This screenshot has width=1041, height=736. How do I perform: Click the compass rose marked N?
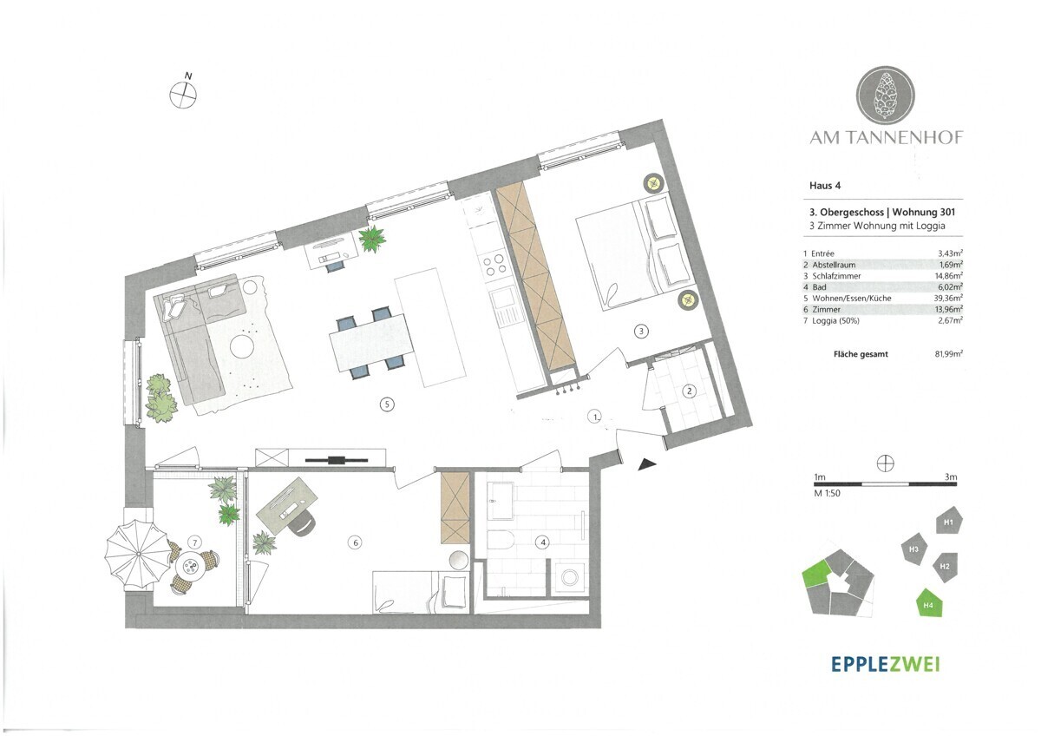coord(183,95)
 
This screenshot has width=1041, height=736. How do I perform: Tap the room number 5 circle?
coord(387,404)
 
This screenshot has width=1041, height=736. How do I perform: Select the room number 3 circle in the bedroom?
coord(641,331)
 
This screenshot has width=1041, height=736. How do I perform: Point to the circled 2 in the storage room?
coord(689,391)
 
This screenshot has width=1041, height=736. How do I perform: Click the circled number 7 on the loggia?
coord(195,542)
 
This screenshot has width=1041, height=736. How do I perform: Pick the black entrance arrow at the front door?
coord(646,464)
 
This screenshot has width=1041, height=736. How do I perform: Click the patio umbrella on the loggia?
coord(138,555)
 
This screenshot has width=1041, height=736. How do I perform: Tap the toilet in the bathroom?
coord(500,542)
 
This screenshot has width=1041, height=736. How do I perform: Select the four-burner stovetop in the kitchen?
coord(493,264)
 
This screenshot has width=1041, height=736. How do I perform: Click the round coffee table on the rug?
coord(242,346)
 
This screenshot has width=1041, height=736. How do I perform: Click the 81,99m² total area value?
coord(948,354)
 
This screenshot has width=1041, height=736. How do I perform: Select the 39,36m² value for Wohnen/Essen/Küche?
coord(948,298)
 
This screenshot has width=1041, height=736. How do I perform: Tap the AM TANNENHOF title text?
coord(887,138)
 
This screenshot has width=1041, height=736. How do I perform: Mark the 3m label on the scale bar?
coord(951,476)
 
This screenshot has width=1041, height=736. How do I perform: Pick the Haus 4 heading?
coord(825,186)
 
